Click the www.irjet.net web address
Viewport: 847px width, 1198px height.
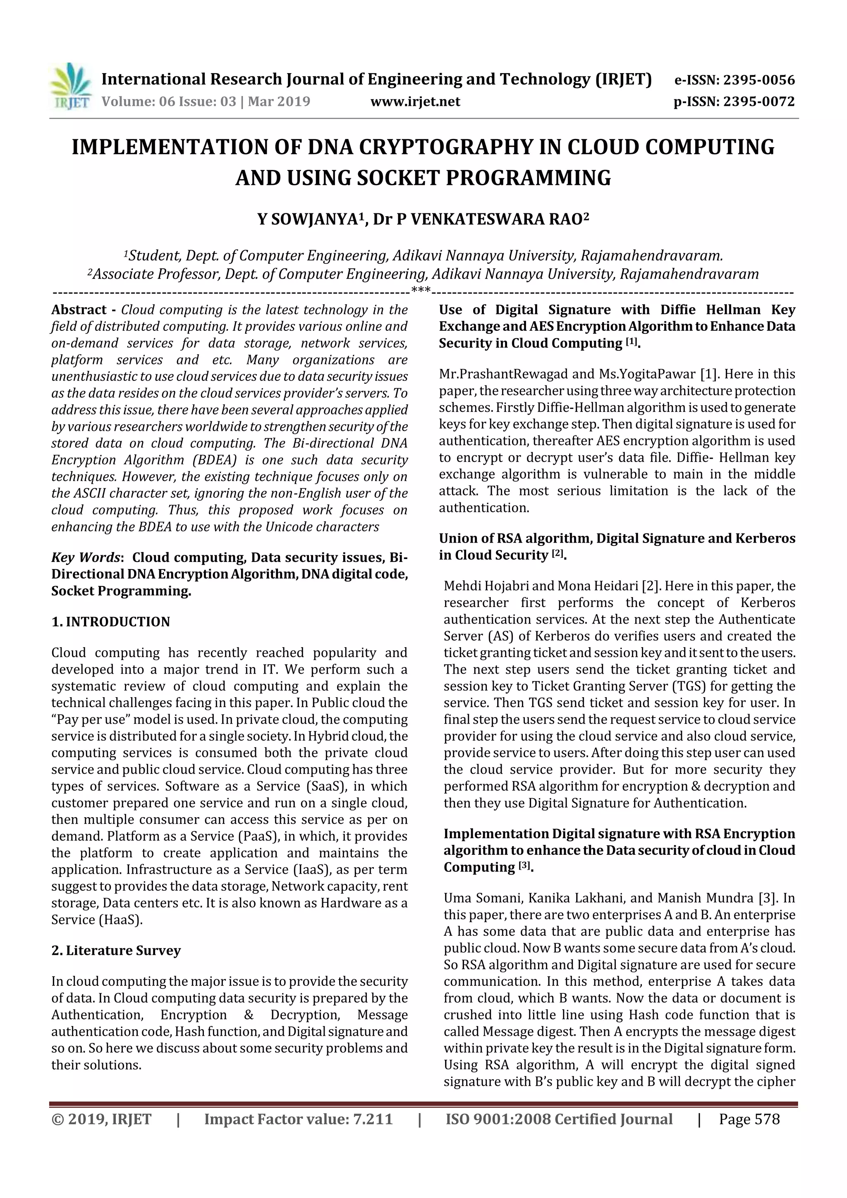[415, 101]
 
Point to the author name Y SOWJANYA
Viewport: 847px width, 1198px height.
[308, 219]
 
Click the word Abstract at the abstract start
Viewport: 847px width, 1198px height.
[79, 310]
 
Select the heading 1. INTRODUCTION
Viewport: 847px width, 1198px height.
[111, 622]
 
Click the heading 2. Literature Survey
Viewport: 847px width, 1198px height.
[116, 951]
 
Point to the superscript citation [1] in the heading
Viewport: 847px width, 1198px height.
[631, 342]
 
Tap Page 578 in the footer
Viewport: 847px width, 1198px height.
[749, 1119]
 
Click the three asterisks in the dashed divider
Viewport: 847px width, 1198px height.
[421, 289]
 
